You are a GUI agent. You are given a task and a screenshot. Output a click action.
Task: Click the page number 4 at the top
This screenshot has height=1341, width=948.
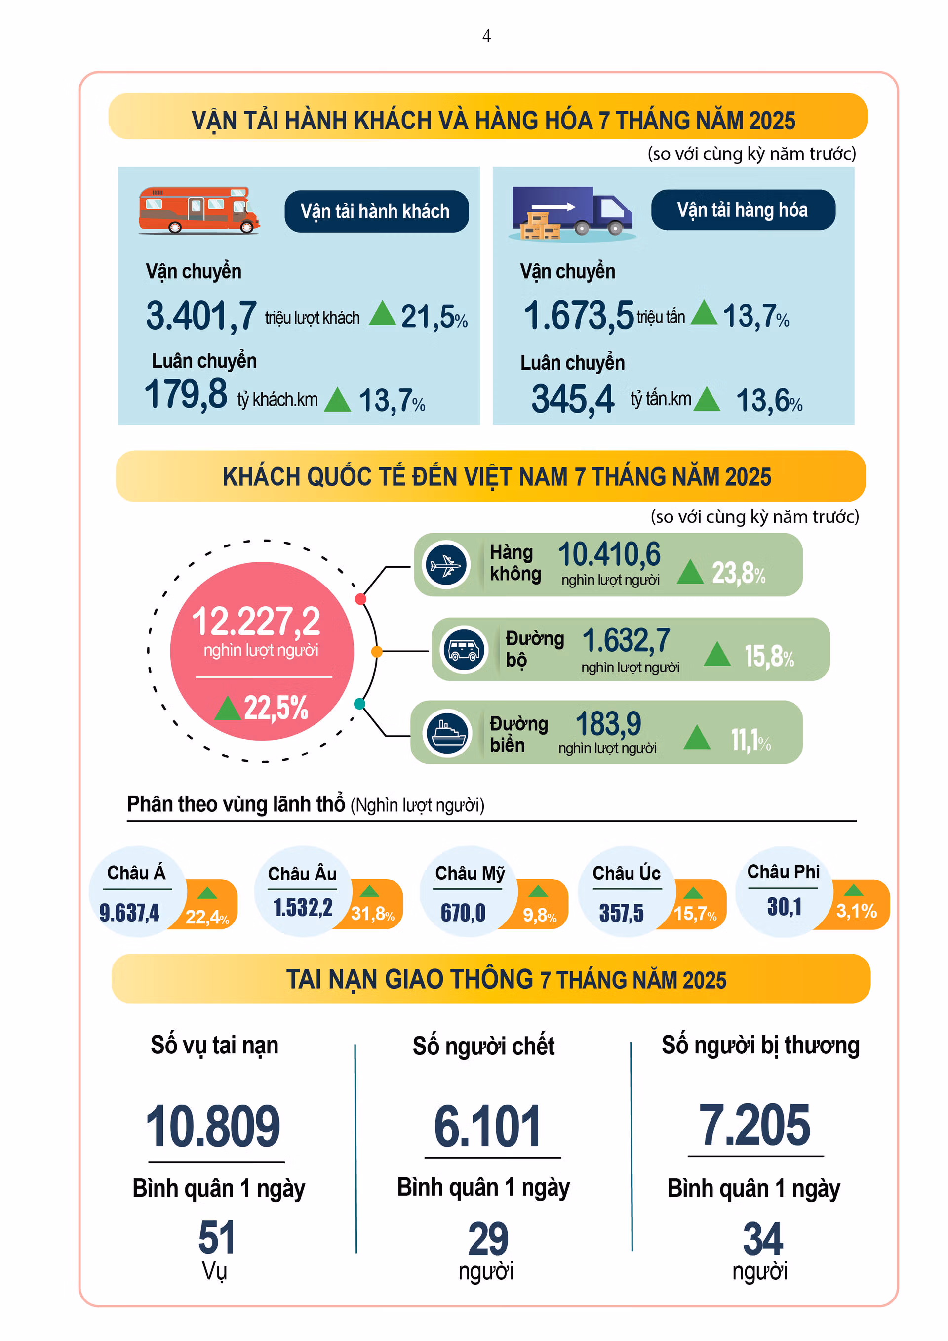click(486, 36)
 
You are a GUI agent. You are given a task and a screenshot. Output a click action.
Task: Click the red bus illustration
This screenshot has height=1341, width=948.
click(198, 210)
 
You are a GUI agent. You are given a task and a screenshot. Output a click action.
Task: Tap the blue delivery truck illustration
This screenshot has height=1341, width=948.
click(572, 213)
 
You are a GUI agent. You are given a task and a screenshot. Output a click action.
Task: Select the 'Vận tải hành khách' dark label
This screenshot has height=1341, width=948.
click(376, 211)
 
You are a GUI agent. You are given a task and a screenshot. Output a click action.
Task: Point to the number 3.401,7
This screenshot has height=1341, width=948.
click(201, 316)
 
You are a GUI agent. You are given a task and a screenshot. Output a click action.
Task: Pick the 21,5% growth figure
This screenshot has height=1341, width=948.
click(433, 317)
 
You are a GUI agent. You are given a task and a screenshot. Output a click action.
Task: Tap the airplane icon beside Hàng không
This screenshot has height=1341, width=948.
click(446, 565)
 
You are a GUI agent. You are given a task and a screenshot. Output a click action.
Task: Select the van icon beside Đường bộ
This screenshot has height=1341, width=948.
click(464, 649)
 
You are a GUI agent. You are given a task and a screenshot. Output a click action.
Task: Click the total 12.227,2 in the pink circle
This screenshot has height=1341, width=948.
click(256, 622)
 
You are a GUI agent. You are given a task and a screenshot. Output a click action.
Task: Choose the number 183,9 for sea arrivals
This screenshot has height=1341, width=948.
click(608, 724)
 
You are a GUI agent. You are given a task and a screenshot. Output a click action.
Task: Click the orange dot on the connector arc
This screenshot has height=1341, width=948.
click(377, 651)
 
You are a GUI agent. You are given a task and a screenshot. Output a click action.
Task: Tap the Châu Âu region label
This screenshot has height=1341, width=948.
click(302, 874)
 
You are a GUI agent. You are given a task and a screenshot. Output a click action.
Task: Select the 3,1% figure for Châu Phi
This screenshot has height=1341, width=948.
click(856, 911)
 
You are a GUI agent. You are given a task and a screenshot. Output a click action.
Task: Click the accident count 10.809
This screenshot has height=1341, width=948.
click(213, 1126)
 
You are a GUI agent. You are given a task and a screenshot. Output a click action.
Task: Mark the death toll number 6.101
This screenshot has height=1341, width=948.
click(487, 1126)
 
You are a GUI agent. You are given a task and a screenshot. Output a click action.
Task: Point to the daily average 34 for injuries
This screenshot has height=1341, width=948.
click(762, 1238)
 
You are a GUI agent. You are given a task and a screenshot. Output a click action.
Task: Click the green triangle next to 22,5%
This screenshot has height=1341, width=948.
click(227, 709)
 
